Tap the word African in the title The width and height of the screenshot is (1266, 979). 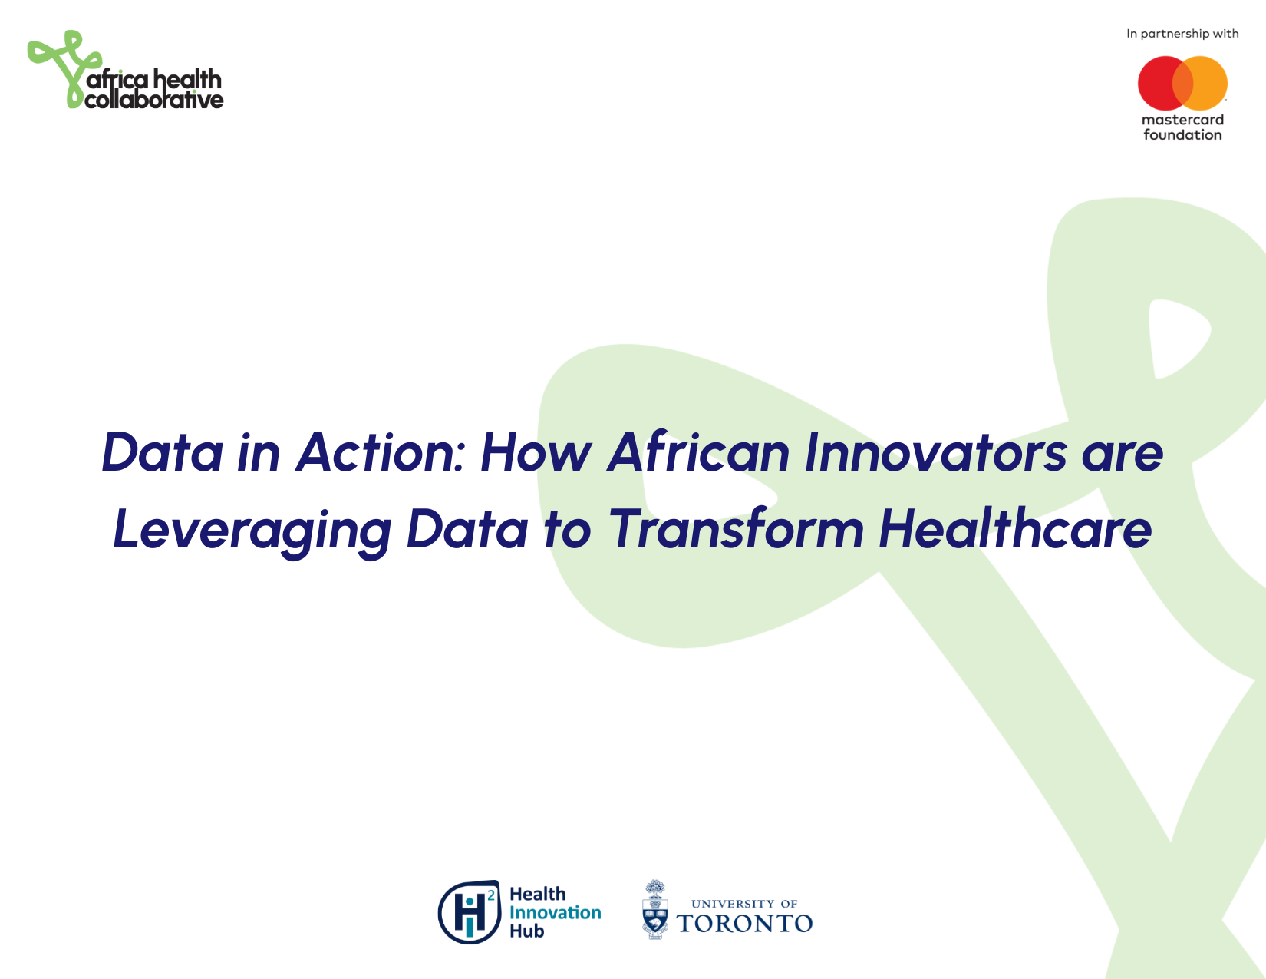click(698, 452)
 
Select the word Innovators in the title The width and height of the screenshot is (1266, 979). click(935, 452)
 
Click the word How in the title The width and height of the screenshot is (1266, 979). click(536, 452)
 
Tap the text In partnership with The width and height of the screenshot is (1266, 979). click(1182, 34)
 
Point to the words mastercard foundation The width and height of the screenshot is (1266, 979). click(1182, 127)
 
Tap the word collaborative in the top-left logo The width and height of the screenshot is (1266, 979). click(153, 100)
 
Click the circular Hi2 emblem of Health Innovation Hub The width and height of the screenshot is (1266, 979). click(470, 912)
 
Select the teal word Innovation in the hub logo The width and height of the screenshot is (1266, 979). click(556, 912)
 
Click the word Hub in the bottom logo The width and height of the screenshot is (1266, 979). click(526, 931)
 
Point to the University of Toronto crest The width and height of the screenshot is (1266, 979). click(655, 910)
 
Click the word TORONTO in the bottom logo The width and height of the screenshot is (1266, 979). click(744, 924)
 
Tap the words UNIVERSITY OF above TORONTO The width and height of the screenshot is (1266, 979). click(744, 904)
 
